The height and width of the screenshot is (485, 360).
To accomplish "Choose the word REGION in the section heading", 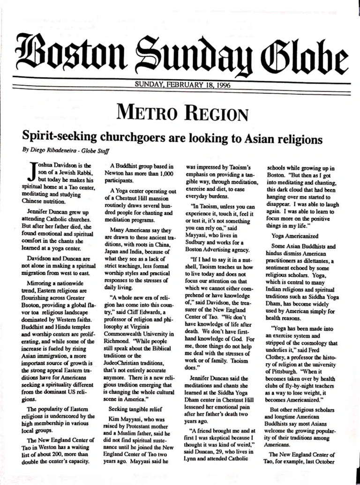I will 213,114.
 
